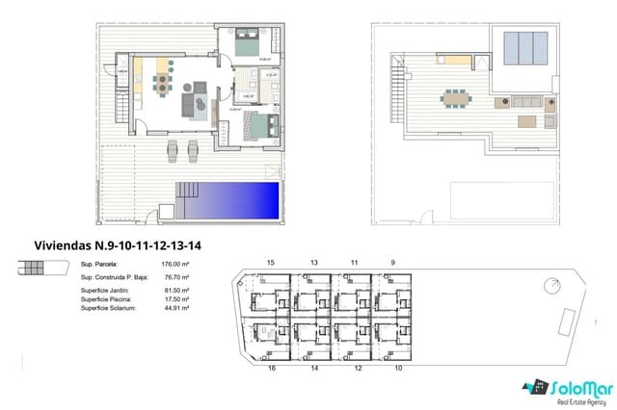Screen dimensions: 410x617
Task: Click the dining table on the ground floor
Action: (163, 87)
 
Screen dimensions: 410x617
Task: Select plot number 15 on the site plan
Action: (271, 263)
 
